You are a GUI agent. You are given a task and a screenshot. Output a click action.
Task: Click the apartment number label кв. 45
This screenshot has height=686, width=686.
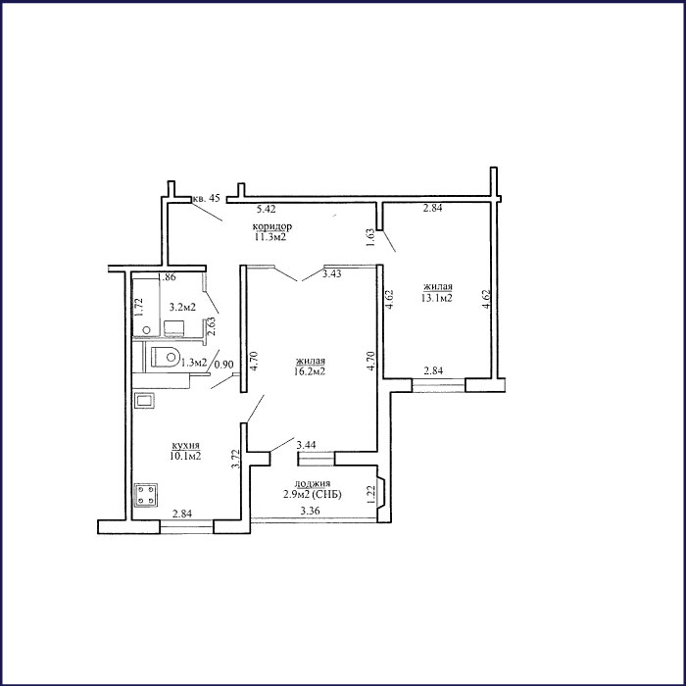click(x=206, y=198)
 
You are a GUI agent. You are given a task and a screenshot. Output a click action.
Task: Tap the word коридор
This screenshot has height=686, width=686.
click(x=272, y=226)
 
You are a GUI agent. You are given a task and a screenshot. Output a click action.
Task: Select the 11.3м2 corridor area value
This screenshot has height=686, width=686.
click(x=270, y=237)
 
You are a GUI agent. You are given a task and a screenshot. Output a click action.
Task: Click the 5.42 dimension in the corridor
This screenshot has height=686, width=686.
click(x=266, y=209)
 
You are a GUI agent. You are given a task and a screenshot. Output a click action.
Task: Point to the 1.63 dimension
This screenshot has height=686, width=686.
click(x=370, y=237)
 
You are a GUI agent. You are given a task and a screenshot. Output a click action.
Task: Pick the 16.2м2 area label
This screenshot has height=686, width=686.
click(x=311, y=371)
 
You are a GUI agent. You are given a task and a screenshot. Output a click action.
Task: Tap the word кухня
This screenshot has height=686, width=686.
click(x=186, y=445)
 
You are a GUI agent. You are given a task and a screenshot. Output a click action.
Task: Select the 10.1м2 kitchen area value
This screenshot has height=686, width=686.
click(x=185, y=456)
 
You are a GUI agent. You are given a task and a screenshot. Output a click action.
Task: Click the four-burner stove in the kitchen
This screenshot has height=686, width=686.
click(x=146, y=495)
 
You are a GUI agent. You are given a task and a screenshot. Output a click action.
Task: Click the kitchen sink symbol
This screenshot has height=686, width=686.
click(x=144, y=401)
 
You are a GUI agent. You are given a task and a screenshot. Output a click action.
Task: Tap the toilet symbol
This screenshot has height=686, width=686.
click(x=166, y=357)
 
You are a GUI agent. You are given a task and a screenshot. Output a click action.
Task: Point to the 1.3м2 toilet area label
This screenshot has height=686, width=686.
click(x=194, y=363)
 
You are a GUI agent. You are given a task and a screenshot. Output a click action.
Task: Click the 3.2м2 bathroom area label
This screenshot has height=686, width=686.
click(x=182, y=307)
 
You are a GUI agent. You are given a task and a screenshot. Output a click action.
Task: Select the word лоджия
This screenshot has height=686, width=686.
click(x=312, y=483)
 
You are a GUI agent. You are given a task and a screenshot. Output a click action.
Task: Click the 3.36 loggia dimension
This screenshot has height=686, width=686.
click(x=311, y=511)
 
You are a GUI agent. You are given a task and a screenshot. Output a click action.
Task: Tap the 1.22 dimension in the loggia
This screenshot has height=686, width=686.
click(x=371, y=494)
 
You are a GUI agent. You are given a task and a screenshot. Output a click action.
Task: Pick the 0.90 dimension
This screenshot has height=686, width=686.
click(x=225, y=364)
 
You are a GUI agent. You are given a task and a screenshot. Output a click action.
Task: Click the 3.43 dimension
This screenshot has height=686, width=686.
click(x=331, y=274)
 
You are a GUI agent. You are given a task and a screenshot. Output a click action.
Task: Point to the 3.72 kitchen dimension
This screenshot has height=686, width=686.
click(x=236, y=460)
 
